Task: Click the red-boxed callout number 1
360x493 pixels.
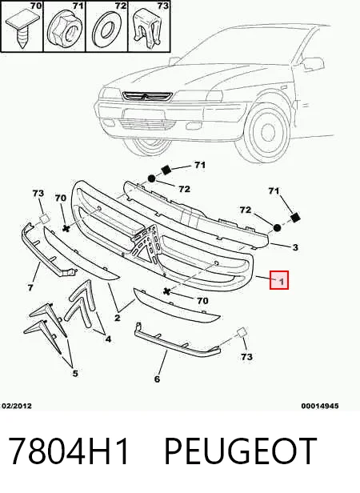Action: click(279, 280)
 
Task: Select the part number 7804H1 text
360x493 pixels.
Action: click(69, 451)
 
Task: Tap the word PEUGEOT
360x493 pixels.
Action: click(241, 451)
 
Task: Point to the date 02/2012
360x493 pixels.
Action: click(17, 406)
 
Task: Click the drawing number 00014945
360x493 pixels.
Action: click(320, 406)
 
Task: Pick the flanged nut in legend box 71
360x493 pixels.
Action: click(63, 30)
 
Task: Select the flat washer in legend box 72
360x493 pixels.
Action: click(107, 30)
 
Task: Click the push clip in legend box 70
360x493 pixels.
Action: click(21, 30)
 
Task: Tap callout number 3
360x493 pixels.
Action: click(295, 247)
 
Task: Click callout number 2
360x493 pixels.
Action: click(118, 318)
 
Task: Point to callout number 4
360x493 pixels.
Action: click(108, 339)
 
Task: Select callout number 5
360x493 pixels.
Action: click(75, 373)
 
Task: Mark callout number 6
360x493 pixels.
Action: click(158, 379)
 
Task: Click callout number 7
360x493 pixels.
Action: click(30, 287)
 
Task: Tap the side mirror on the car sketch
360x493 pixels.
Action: click(314, 63)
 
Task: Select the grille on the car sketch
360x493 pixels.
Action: click(147, 96)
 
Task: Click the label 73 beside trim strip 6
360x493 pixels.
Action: click(246, 357)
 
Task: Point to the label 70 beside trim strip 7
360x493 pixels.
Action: click(60, 198)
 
